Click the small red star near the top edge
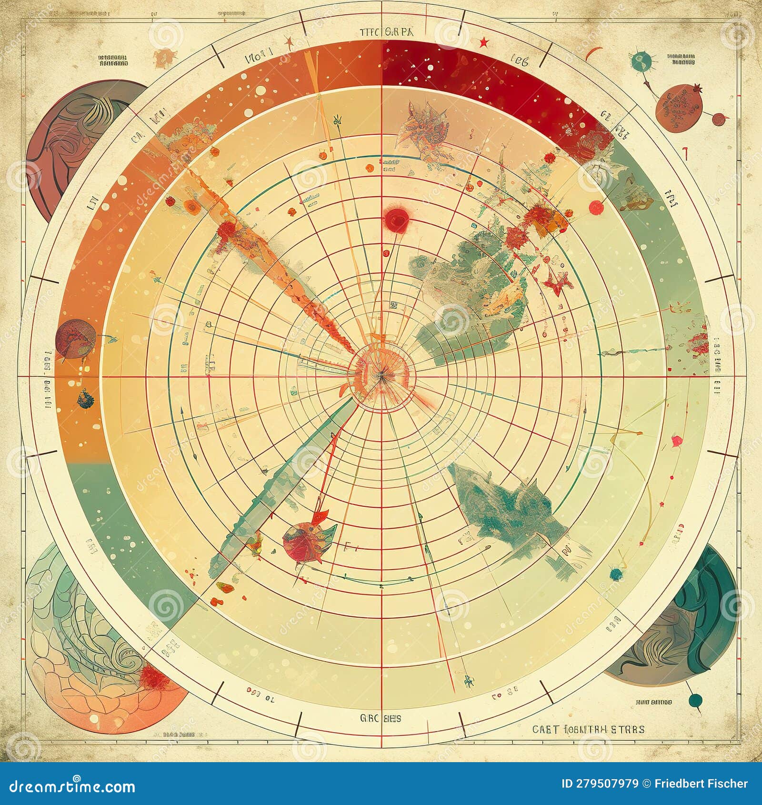[x=484, y=43]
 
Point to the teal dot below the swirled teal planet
[x=695, y=700]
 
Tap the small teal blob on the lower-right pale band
[x=616, y=574]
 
